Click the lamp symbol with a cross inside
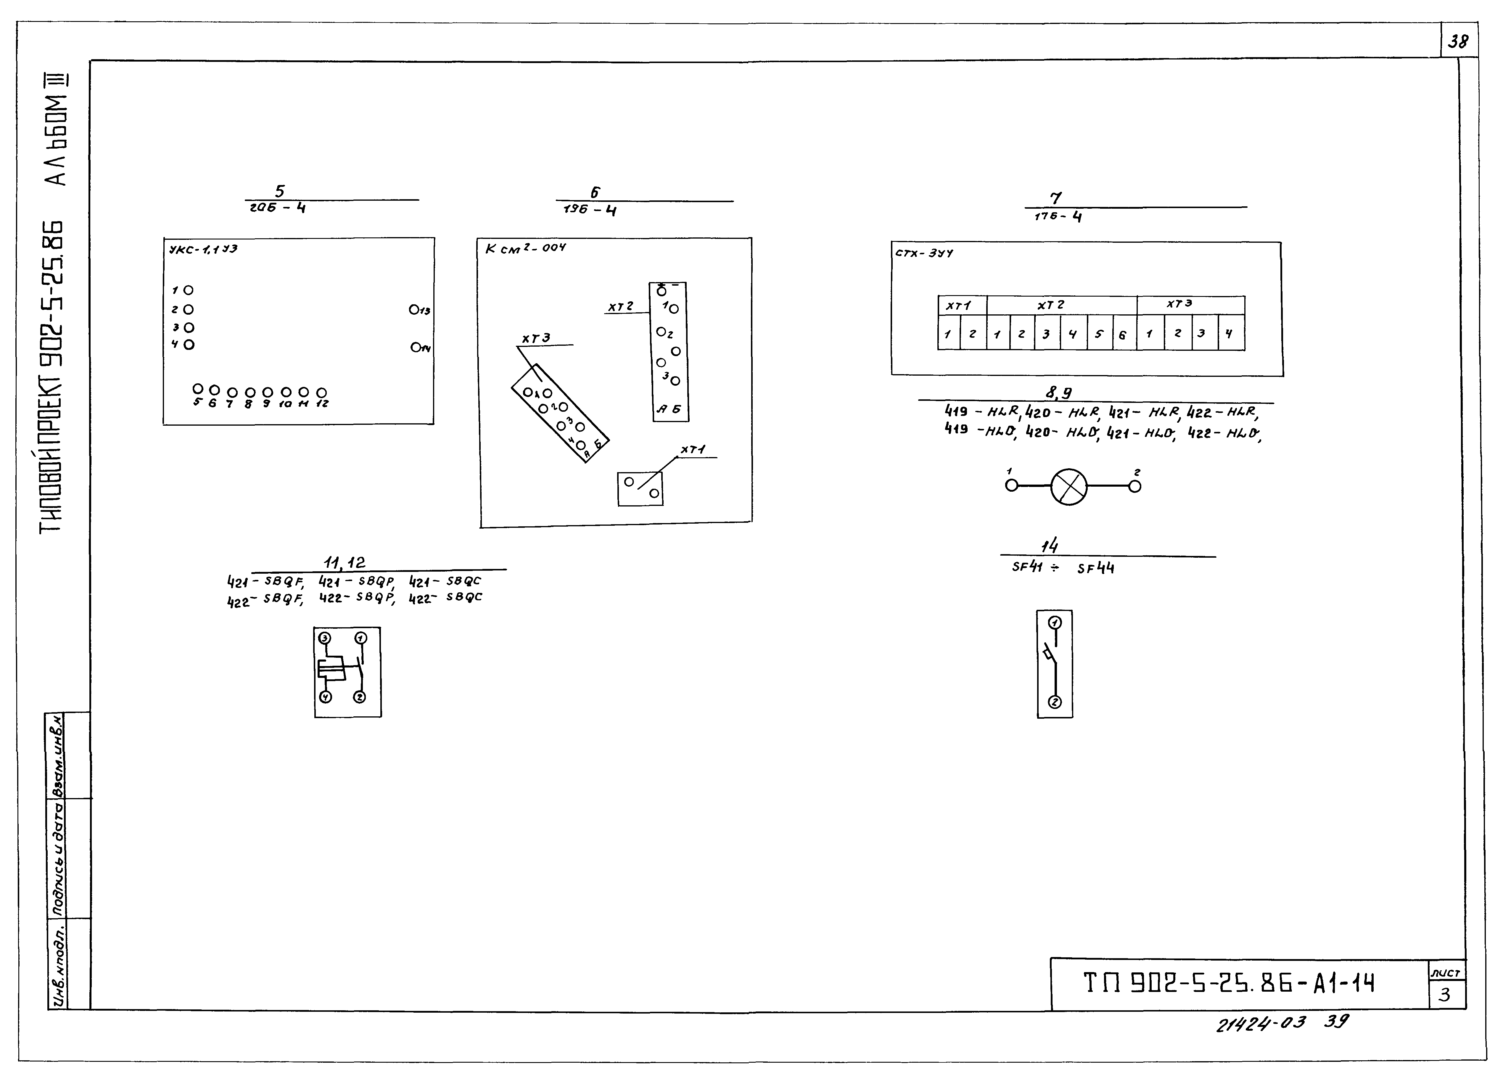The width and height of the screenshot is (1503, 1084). pos(1069,487)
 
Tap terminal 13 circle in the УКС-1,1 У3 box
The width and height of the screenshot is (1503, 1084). pos(414,309)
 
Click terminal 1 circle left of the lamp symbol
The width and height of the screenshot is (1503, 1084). pos(1011,486)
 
